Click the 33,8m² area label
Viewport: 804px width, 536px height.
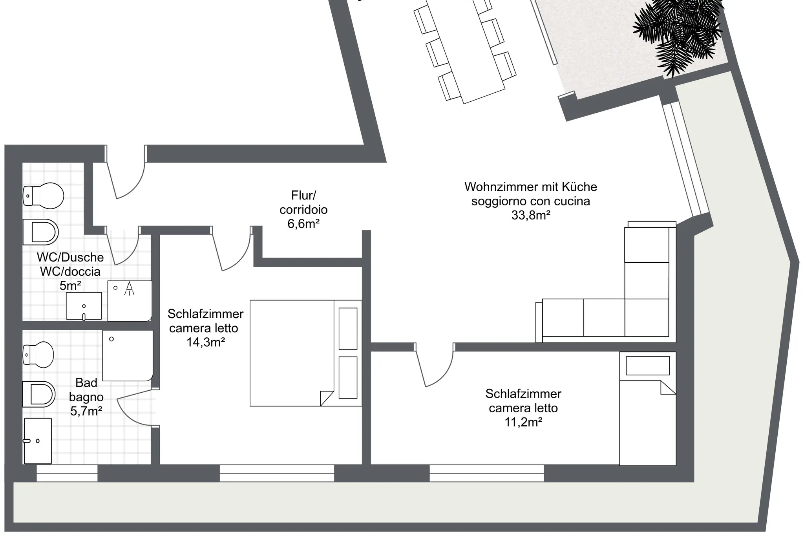531,215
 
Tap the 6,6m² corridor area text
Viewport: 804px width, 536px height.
303,224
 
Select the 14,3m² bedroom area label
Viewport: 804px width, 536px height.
206,342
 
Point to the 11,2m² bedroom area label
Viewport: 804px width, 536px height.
523,422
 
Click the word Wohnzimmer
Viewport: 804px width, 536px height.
497,187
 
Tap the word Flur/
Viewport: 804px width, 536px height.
303,195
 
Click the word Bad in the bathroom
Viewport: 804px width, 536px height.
86,382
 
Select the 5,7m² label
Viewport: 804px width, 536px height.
86,411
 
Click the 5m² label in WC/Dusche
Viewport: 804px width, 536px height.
71,286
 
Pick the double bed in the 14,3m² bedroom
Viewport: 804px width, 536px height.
306,353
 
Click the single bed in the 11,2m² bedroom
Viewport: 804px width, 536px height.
648,409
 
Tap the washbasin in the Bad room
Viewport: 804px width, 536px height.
38,441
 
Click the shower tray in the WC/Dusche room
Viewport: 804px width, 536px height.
130,301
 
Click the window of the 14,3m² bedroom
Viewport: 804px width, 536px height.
277,473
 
